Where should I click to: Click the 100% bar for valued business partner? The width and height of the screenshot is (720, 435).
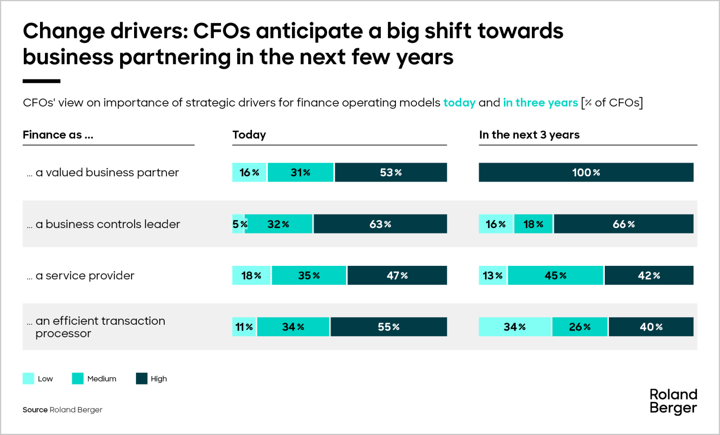586,172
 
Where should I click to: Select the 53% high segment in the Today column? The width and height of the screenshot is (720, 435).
391,172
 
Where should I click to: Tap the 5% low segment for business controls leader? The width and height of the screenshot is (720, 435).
238,224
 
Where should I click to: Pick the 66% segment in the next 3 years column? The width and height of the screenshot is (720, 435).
623,224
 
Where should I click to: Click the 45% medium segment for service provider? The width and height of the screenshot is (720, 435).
555,275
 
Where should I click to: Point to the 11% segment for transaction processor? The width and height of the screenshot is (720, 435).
244,327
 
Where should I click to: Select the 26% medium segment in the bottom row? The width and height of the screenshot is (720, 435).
580,327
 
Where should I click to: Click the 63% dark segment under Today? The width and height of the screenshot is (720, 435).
380,224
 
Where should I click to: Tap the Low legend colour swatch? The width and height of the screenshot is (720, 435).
28,378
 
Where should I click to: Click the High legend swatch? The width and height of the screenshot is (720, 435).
142,378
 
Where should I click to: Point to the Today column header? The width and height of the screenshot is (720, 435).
249,135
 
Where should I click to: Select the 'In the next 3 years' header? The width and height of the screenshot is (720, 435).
529,135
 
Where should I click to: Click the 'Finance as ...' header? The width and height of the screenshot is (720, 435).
58,135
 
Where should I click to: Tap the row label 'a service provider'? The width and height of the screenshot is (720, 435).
85,275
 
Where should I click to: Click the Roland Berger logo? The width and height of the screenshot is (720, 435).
673,401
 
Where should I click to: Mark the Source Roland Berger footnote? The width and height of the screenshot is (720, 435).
63,409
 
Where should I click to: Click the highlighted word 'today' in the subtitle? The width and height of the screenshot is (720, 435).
459,103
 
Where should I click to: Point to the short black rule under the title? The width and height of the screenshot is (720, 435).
41,81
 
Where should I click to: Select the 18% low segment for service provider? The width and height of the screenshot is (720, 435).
251,275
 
